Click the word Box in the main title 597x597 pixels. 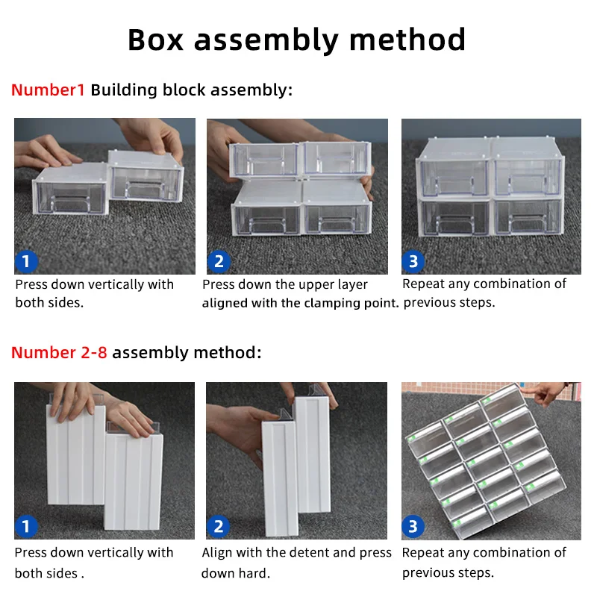(x=157, y=40)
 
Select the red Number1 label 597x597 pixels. (x=49, y=90)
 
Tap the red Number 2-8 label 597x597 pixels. (x=59, y=352)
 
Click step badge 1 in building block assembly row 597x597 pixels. (x=26, y=262)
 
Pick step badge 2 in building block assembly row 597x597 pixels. (x=219, y=262)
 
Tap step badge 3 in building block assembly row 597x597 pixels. (x=413, y=262)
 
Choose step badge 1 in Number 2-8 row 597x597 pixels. (x=26, y=527)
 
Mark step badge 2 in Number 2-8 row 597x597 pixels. (x=219, y=527)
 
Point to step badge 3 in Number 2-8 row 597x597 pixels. (x=413, y=527)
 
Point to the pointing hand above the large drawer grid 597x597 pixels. (x=548, y=393)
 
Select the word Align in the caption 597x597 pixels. (x=218, y=553)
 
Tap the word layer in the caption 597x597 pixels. (x=350, y=284)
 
